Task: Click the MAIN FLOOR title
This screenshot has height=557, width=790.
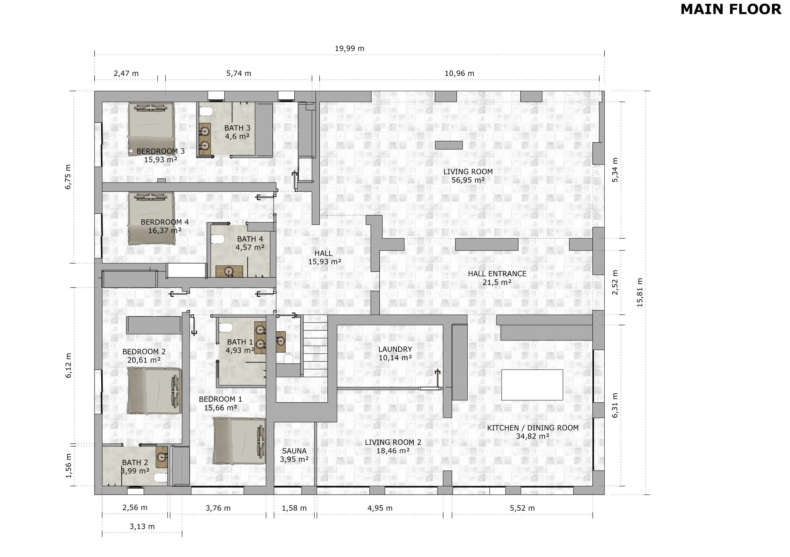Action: tap(731, 9)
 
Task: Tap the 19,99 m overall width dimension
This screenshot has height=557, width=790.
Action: tap(350, 48)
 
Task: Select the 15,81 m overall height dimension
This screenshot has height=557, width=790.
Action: tap(640, 292)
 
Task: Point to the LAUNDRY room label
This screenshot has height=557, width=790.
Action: tap(395, 349)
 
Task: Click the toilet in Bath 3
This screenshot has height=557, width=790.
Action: tap(206, 111)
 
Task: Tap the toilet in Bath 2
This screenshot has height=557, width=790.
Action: tap(161, 477)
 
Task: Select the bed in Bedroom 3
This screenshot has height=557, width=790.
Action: tap(152, 129)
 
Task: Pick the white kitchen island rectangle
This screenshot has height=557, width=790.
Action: tap(532, 385)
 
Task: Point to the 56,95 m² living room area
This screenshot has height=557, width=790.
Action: tap(468, 180)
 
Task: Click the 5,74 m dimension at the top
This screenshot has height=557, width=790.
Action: tap(239, 73)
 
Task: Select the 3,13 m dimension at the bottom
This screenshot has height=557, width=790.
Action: tap(142, 526)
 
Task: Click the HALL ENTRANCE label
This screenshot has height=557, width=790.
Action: tap(497, 274)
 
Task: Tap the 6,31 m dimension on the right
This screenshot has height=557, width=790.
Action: tap(615, 405)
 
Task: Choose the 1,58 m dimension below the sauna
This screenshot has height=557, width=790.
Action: tap(294, 508)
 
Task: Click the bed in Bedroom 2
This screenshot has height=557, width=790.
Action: tap(155, 391)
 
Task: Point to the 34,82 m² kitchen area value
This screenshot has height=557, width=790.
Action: tap(533, 436)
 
